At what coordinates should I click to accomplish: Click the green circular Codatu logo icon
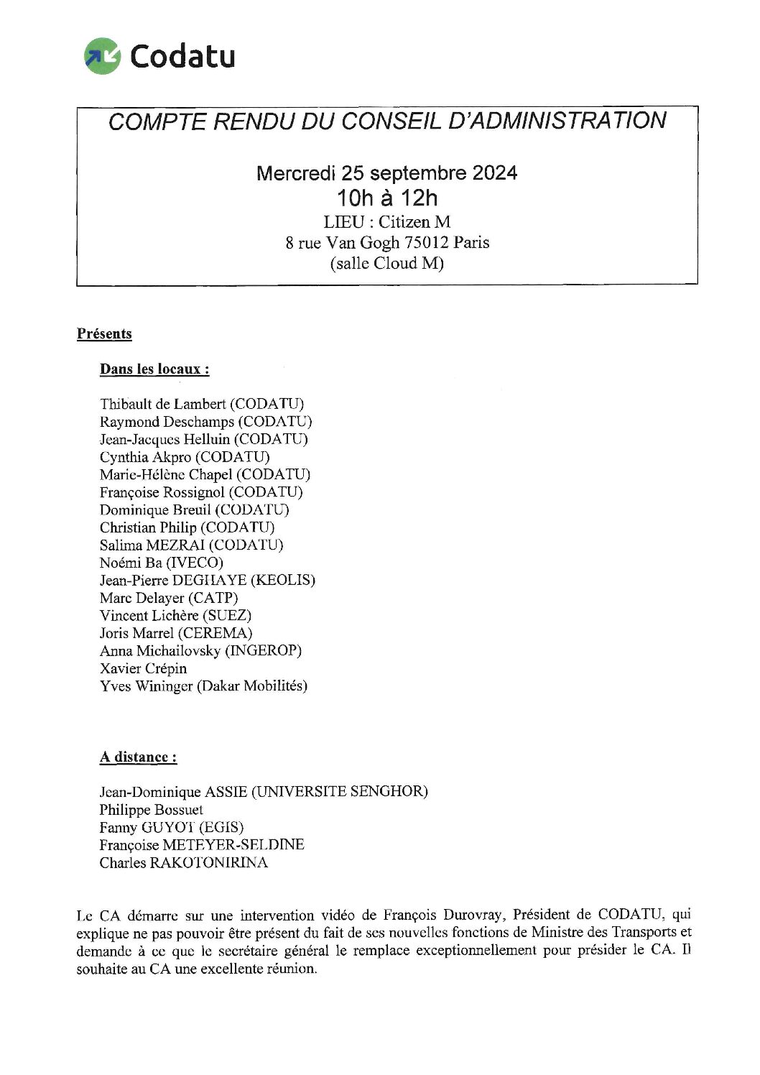tap(102, 56)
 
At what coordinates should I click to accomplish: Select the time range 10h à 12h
tap(387, 197)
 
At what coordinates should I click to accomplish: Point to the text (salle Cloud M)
tap(387, 264)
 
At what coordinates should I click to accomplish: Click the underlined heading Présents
tap(104, 333)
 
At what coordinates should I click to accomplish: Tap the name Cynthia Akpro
tap(145, 457)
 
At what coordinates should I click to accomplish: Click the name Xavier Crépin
tap(143, 668)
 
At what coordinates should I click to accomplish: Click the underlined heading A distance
tap(138, 757)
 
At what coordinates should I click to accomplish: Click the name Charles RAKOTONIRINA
tap(183, 862)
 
